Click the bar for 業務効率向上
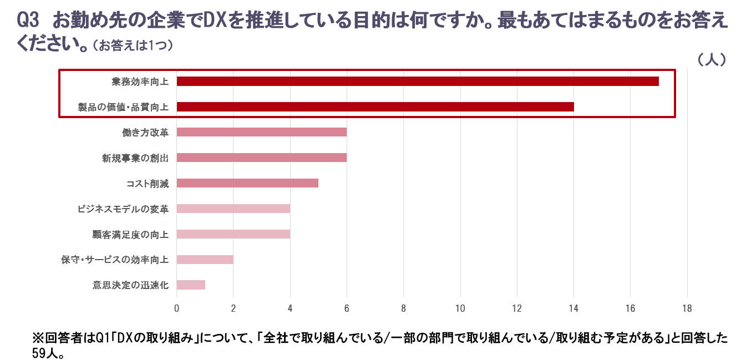[418, 82]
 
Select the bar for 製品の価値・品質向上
[375, 107]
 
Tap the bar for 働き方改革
[262, 132]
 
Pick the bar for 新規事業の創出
[262, 158]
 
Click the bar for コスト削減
[247, 183]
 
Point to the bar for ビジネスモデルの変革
[234, 209]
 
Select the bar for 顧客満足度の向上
[234, 234]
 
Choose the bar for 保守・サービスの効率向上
[205, 260]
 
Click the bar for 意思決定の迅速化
[191, 285]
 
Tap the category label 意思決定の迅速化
[130, 285]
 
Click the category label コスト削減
[148, 183]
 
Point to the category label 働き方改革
[145, 132]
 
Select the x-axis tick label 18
[687, 308]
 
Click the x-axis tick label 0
[177, 308]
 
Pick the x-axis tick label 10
[460, 308]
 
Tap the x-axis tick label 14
[574, 308]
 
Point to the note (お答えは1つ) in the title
[133, 46]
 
